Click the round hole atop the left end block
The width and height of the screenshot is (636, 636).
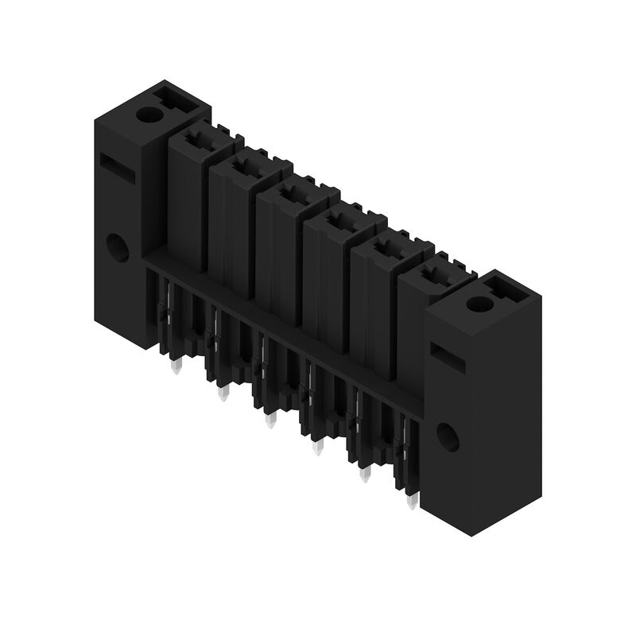(148, 114)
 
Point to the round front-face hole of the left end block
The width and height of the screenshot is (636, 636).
(118, 249)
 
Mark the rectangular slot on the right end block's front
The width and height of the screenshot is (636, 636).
(448, 355)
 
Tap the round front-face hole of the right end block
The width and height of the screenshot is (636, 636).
(448, 435)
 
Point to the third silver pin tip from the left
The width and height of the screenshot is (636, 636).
(270, 421)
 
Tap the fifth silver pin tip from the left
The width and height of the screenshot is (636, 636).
(365, 475)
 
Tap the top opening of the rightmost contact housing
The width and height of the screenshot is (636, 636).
(431, 275)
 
